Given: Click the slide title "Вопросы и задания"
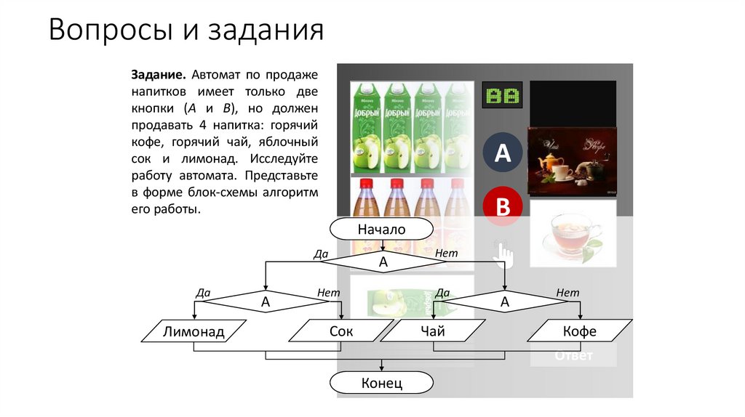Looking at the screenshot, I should tap(186, 31).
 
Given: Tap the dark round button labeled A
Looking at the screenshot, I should tap(503, 153).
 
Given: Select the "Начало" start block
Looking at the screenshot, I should tap(381, 230).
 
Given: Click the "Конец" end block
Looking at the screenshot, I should tap(381, 383).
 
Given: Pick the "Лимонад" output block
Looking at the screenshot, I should tap(194, 332).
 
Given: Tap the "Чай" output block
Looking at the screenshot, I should tap(432, 331).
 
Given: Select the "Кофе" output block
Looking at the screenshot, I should tap(579, 331).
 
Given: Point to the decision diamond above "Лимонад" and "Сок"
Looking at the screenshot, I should tap(266, 301).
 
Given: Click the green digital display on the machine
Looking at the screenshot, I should tap(502, 95).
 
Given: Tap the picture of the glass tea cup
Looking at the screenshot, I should tap(572, 232).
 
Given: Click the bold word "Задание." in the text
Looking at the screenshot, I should tap(159, 76).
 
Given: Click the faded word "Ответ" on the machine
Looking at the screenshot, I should tap(573, 356).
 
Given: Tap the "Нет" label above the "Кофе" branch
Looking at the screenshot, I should tap(567, 292).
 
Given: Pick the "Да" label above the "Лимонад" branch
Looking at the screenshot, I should tap(203, 293).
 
